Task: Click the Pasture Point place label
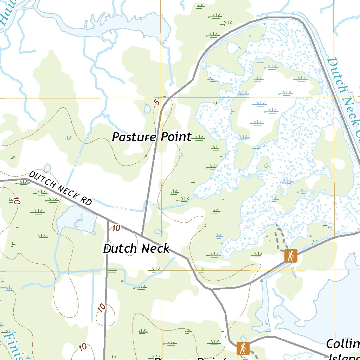click(152, 137)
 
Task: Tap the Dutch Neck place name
click(136, 249)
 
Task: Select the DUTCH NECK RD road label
click(60, 188)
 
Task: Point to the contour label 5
click(157, 102)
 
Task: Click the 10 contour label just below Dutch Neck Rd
click(116, 228)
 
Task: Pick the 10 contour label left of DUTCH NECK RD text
click(16, 201)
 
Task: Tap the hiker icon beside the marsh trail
click(291, 256)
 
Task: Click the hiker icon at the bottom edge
click(243, 348)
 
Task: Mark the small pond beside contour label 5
click(147, 109)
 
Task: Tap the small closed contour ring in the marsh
click(266, 165)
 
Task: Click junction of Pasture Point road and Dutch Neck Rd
click(142, 235)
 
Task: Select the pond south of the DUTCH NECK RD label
click(77, 219)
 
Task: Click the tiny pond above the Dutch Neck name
click(158, 232)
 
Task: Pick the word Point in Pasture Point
click(176, 137)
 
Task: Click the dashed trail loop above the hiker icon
click(280, 236)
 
